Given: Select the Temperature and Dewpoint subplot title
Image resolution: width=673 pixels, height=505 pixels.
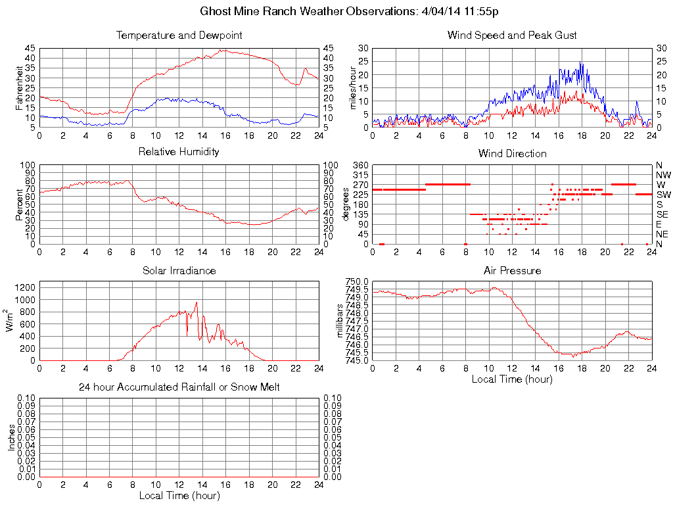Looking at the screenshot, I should pyautogui.click(x=179, y=36).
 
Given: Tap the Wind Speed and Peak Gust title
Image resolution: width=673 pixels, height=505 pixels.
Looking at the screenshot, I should pyautogui.click(x=512, y=36).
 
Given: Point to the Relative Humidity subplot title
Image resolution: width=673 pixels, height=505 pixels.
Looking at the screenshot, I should pyautogui.click(x=179, y=152).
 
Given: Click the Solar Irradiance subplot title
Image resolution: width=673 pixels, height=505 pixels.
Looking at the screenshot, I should pyautogui.click(x=179, y=270).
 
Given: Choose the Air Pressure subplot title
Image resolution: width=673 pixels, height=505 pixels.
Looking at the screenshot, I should pyautogui.click(x=512, y=270).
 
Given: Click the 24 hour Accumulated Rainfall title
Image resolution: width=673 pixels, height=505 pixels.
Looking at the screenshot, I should pyautogui.click(x=179, y=387).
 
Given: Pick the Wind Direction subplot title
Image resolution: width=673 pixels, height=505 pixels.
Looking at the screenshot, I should pyautogui.click(x=512, y=154).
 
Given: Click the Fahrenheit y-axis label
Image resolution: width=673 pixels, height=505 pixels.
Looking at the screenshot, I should pyautogui.click(x=20, y=87).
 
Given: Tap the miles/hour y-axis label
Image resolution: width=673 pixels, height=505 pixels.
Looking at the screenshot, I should pyautogui.click(x=353, y=87).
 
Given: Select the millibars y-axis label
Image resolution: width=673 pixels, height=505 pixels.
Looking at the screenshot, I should pyautogui.click(x=340, y=321).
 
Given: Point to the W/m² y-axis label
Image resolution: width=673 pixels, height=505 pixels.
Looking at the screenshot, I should pyautogui.click(x=11, y=321).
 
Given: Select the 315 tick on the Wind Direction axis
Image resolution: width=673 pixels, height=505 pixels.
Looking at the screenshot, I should pyautogui.click(x=360, y=175).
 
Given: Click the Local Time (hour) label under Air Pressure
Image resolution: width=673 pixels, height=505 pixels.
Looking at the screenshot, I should pyautogui.click(x=512, y=379).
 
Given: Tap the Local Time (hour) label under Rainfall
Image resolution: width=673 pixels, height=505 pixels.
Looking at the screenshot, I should pyautogui.click(x=179, y=495).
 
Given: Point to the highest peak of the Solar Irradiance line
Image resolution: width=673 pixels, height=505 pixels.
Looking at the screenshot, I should pyautogui.click(x=197, y=302).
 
